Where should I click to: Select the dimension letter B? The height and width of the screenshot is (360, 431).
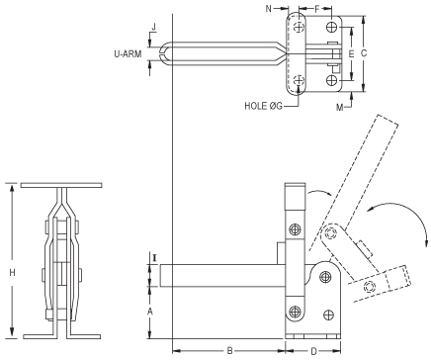coord(228,350)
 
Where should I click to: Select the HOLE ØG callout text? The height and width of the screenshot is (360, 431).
coord(264,105)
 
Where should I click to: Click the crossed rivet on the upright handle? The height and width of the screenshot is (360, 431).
coord(294,230)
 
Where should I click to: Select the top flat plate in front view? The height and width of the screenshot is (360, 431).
coord(61,186)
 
